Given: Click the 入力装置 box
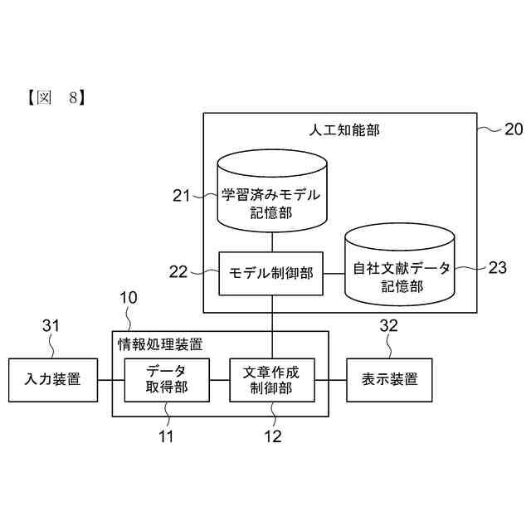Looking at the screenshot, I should pos(52,380).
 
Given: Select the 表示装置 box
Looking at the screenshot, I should pos(390,380).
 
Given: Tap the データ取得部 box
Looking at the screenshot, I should pos(166,380).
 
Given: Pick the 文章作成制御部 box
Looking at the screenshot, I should pos(272,380).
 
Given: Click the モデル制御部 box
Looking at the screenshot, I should pos(270,272).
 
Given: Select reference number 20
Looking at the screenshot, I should pos(513,129).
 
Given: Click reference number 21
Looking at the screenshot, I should pos(182,196).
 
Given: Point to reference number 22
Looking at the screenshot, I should pos(181,271).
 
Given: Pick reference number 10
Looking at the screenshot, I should pos(129,298).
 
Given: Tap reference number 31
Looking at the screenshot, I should pos(51,326).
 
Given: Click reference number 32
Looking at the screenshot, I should pos(389,326).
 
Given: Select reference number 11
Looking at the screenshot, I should pos(166,436).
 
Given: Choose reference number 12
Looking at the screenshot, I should pos(272,436).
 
